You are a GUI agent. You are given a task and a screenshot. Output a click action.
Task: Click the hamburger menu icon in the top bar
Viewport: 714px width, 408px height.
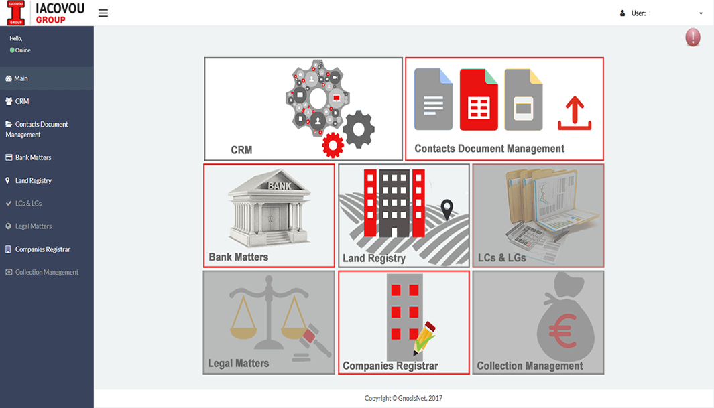[103, 13]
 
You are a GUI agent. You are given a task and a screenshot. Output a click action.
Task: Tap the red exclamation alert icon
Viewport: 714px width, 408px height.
[693, 38]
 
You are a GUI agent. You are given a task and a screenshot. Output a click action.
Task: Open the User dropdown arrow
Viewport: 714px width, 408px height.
[701, 13]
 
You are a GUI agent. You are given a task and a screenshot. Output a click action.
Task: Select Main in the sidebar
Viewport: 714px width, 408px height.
[21, 78]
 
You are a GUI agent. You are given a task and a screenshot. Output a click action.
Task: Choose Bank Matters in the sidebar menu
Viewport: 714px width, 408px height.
[33, 157]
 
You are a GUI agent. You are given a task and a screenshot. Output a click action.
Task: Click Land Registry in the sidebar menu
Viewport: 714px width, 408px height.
[33, 180]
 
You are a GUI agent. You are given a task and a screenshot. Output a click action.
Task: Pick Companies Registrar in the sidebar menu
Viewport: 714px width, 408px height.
[42, 249]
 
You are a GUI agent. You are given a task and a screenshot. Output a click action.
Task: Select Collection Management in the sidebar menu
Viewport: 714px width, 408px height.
[46, 272]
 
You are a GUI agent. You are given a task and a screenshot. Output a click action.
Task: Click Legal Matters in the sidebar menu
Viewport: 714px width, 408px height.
[33, 226]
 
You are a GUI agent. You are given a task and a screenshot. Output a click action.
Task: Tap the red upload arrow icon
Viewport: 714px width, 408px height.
[575, 113]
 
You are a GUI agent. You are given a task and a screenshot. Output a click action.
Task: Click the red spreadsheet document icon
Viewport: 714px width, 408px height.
[479, 99]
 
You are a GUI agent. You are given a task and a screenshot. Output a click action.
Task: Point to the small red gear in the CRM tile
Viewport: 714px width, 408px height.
[333, 145]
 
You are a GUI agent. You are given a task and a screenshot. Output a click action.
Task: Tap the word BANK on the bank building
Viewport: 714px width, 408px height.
[280, 185]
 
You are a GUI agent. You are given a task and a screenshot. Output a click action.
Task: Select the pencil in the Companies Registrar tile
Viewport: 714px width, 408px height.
[424, 339]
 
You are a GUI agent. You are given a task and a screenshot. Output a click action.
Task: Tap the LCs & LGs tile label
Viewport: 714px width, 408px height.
[501, 257]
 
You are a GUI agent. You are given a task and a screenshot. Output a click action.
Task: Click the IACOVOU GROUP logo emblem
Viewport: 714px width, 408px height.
[16, 13]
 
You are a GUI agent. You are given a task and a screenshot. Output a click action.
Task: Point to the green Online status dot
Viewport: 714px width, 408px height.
[12, 50]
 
